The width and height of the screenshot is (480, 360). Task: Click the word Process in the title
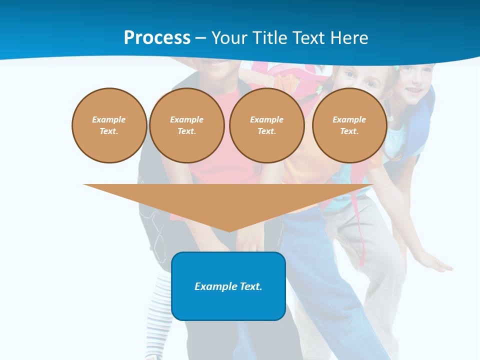click(x=157, y=38)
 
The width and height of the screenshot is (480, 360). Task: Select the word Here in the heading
click(x=348, y=38)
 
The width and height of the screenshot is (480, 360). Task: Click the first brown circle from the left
click(x=109, y=125)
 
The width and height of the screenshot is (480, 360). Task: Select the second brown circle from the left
click(x=186, y=125)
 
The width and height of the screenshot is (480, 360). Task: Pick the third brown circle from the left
click(x=266, y=125)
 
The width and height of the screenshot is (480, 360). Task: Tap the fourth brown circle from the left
click(x=349, y=125)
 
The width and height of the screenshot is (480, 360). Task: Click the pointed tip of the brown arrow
click(x=228, y=230)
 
